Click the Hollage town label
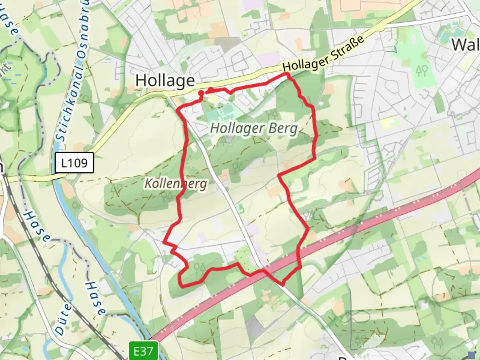(x=165, y=81)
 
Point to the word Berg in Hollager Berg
(x=284, y=128)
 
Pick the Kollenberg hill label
(x=176, y=184)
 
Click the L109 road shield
(x=74, y=163)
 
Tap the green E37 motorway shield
(x=143, y=351)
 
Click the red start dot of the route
(x=201, y=93)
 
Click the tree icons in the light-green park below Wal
(x=421, y=70)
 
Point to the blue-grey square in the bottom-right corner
(x=472, y=355)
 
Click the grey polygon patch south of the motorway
(x=255, y=325)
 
